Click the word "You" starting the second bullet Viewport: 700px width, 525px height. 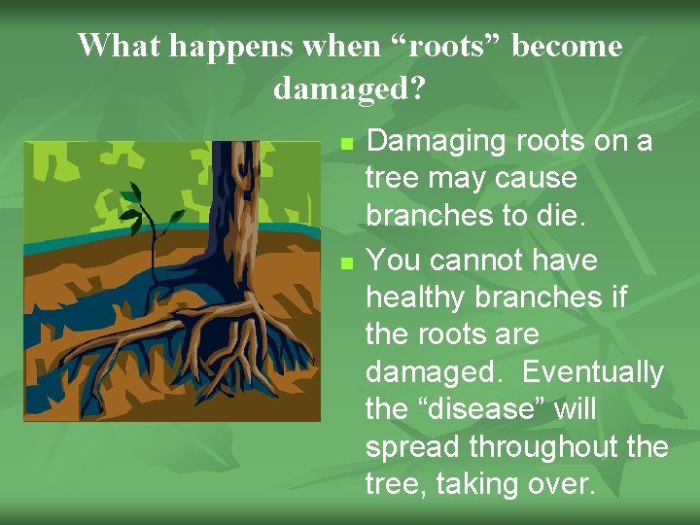click(393, 261)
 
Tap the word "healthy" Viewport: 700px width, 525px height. click(420, 297)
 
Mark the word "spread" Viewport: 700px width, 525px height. click(413, 446)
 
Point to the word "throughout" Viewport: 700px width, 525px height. click(544, 446)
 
